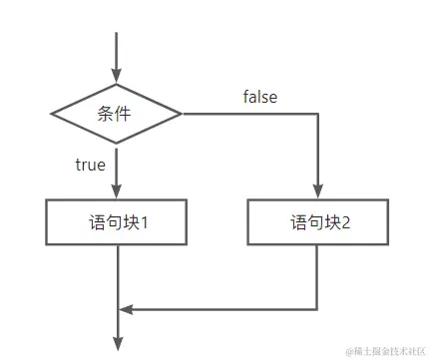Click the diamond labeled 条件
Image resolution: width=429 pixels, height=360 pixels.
point(117,114)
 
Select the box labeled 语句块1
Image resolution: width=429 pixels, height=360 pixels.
point(117,222)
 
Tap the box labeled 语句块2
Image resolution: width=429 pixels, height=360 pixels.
point(319,222)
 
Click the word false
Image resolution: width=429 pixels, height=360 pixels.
point(260,97)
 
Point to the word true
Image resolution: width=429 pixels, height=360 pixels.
point(91,164)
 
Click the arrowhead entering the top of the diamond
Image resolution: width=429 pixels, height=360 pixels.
point(117,76)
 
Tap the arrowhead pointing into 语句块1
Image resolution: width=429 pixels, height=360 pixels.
point(117,191)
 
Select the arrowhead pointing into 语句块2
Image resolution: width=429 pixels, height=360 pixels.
point(319,191)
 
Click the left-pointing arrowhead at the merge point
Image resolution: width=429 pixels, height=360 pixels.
point(127,307)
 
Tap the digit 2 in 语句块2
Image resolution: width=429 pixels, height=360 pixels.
point(345,222)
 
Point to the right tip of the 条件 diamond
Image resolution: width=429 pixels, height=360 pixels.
point(183,114)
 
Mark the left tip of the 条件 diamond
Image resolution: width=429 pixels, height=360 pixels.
point(51,114)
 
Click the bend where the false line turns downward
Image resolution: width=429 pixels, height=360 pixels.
point(319,114)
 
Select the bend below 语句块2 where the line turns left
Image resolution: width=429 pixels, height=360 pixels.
point(319,307)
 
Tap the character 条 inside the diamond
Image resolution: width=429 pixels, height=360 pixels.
point(107,114)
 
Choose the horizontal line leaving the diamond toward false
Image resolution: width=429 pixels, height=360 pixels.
point(249,114)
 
